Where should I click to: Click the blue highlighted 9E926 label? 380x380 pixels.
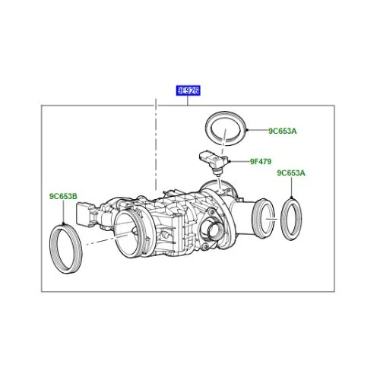[x=188, y=90]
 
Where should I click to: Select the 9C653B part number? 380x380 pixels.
[x=63, y=196]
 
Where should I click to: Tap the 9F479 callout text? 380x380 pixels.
[x=261, y=161]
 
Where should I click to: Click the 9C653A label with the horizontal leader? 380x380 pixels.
[x=283, y=131]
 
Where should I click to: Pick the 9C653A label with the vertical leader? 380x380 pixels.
[x=291, y=173]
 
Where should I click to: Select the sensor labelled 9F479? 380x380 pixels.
[x=212, y=163]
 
